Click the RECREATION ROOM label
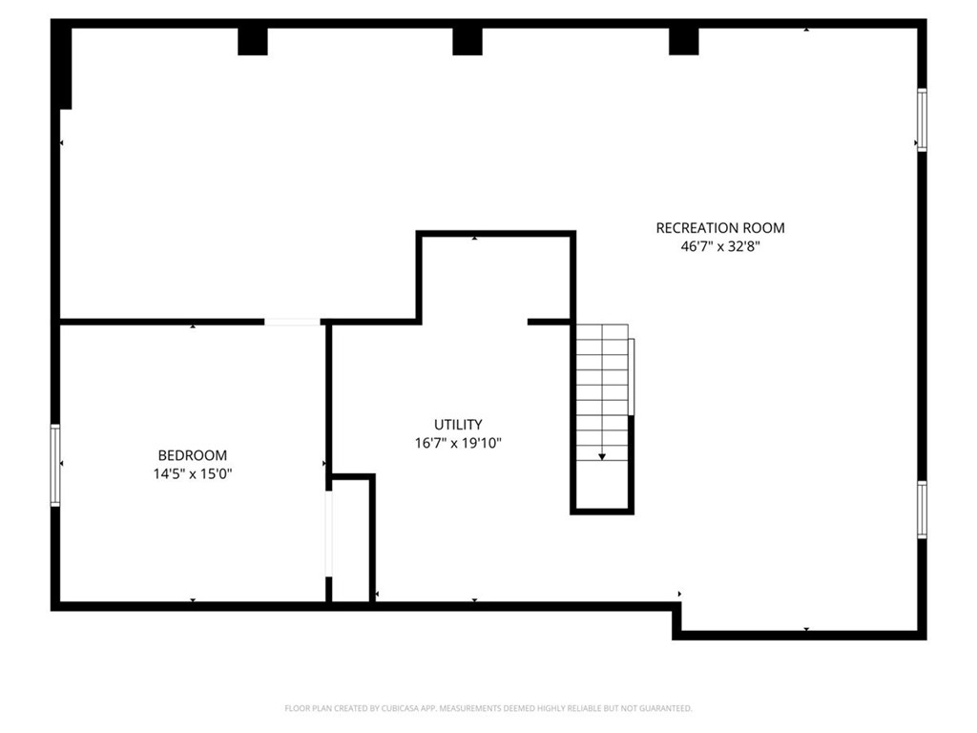point(720,228)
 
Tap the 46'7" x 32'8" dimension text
point(720,246)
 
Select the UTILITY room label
point(458,425)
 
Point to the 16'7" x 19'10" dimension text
point(458,443)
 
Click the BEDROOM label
point(193,455)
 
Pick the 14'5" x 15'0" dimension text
point(193,474)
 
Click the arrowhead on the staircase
point(602,457)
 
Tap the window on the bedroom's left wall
point(55,465)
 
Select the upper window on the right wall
point(923,119)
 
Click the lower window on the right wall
point(923,510)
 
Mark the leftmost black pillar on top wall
point(253,41)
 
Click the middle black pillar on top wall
point(468,41)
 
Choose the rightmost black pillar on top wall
point(683,41)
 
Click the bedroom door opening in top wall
point(292,322)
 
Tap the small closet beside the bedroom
point(351,540)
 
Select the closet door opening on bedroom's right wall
point(328,534)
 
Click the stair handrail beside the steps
point(631,376)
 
